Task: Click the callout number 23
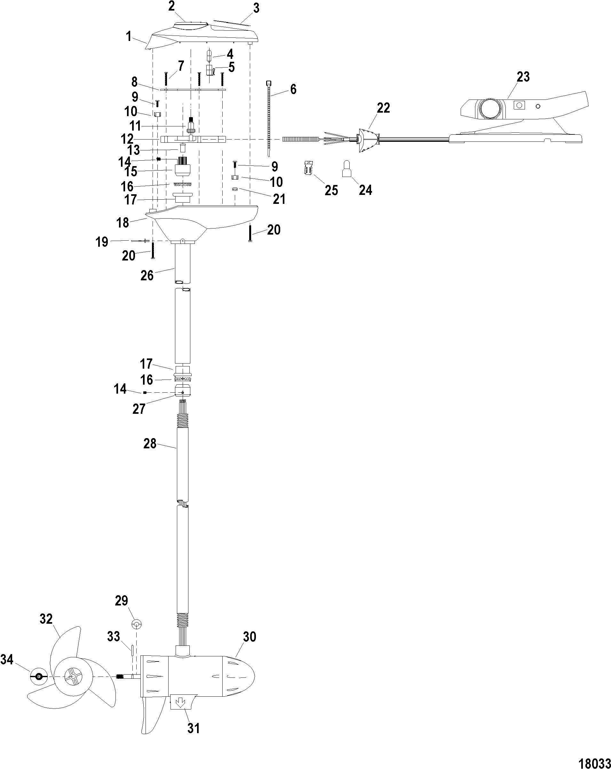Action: [x=523, y=77]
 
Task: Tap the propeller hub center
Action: [x=73, y=676]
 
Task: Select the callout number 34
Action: [x=7, y=660]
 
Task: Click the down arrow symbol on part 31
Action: [x=180, y=703]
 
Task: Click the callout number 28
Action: [x=150, y=444]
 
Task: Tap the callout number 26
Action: [x=147, y=275]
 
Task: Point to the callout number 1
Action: [x=129, y=36]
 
